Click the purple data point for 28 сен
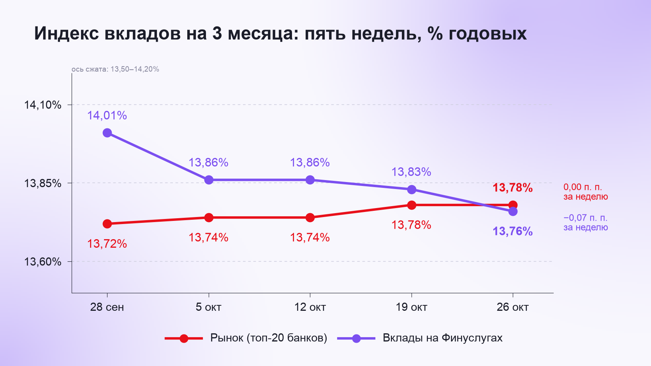[x=107, y=133]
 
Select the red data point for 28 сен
[x=107, y=224]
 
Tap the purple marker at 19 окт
[x=412, y=189]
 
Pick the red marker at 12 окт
[x=310, y=218]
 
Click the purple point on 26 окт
[x=513, y=211]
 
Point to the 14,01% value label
[x=107, y=116]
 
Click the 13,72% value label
[x=107, y=244]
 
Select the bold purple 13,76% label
[x=513, y=231]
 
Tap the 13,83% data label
[x=411, y=172]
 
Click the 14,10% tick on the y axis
[x=42, y=105]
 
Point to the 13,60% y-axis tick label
[x=42, y=262]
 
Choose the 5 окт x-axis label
[x=208, y=307]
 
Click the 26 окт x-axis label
[x=513, y=307]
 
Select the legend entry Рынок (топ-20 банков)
[x=246, y=338]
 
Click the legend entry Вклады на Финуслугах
[x=420, y=338]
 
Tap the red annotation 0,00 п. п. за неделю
[x=586, y=192]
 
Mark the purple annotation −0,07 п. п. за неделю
[x=586, y=222]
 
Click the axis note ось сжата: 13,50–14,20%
[x=115, y=69]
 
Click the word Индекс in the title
[x=66, y=34]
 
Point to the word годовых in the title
[x=487, y=34]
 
